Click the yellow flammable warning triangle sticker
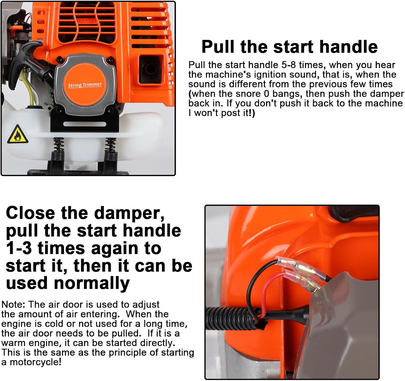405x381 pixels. pyautogui.click(x=18, y=135)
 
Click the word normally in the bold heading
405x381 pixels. pyautogui.click(x=92, y=283)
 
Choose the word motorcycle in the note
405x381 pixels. pyautogui.click(x=34, y=362)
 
